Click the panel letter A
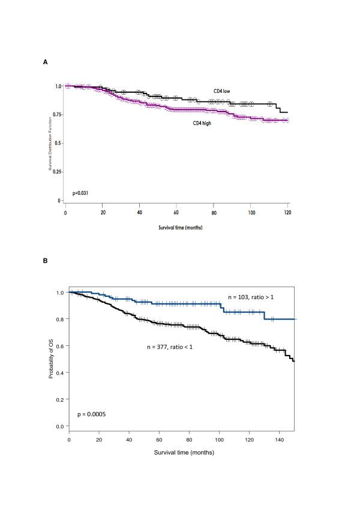click(46, 62)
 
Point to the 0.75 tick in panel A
click(57, 115)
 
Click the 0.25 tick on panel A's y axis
click(57, 172)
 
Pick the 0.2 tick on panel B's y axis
click(60, 399)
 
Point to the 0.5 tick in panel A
click(58, 143)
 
